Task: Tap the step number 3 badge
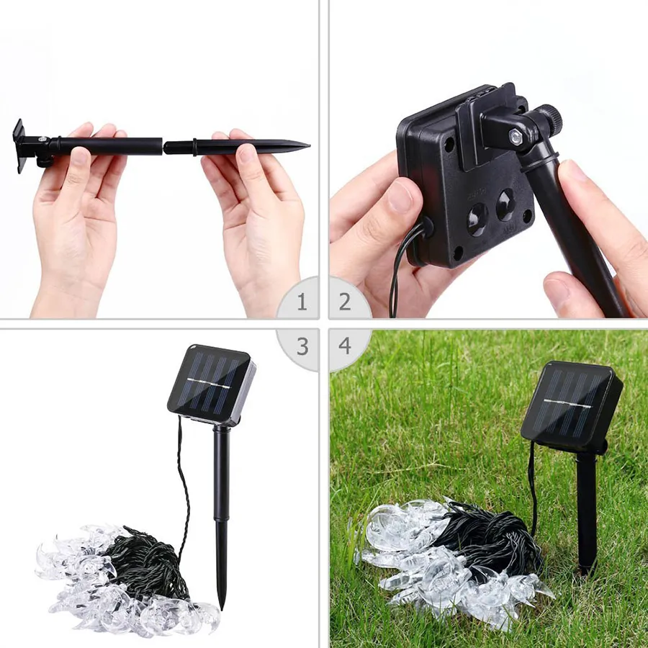tap(302, 346)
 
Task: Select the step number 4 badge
tap(345, 346)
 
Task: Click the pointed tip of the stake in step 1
tap(308, 145)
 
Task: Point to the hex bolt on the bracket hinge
tap(516, 135)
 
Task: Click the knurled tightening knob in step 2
tap(549, 117)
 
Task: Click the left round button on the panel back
tap(477, 220)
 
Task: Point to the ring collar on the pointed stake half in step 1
tap(194, 147)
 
